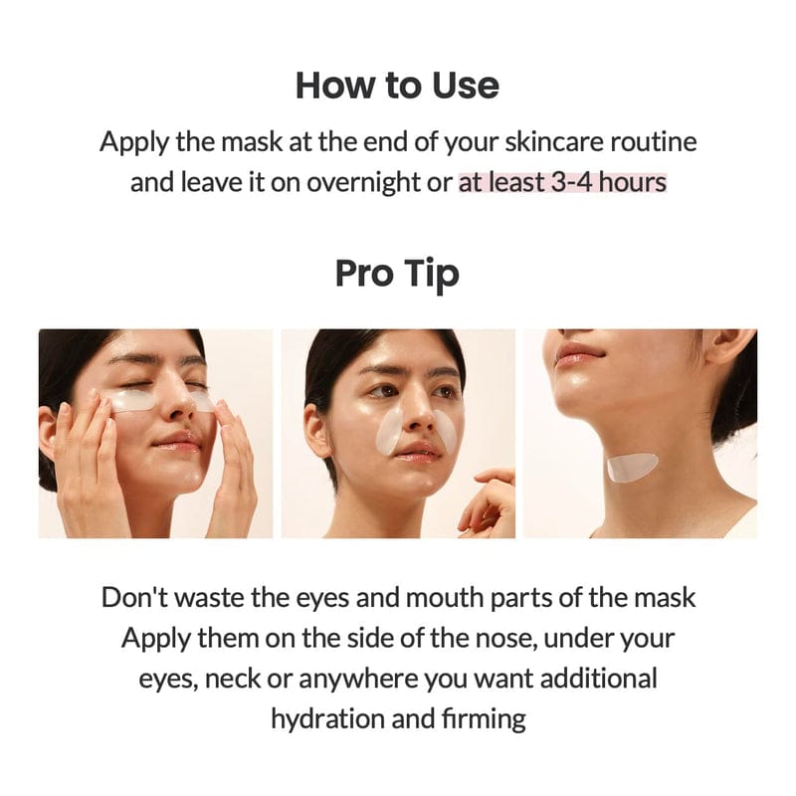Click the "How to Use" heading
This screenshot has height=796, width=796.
tap(397, 86)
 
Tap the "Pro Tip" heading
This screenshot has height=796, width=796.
tap(397, 273)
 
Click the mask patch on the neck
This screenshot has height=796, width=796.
tap(633, 467)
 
